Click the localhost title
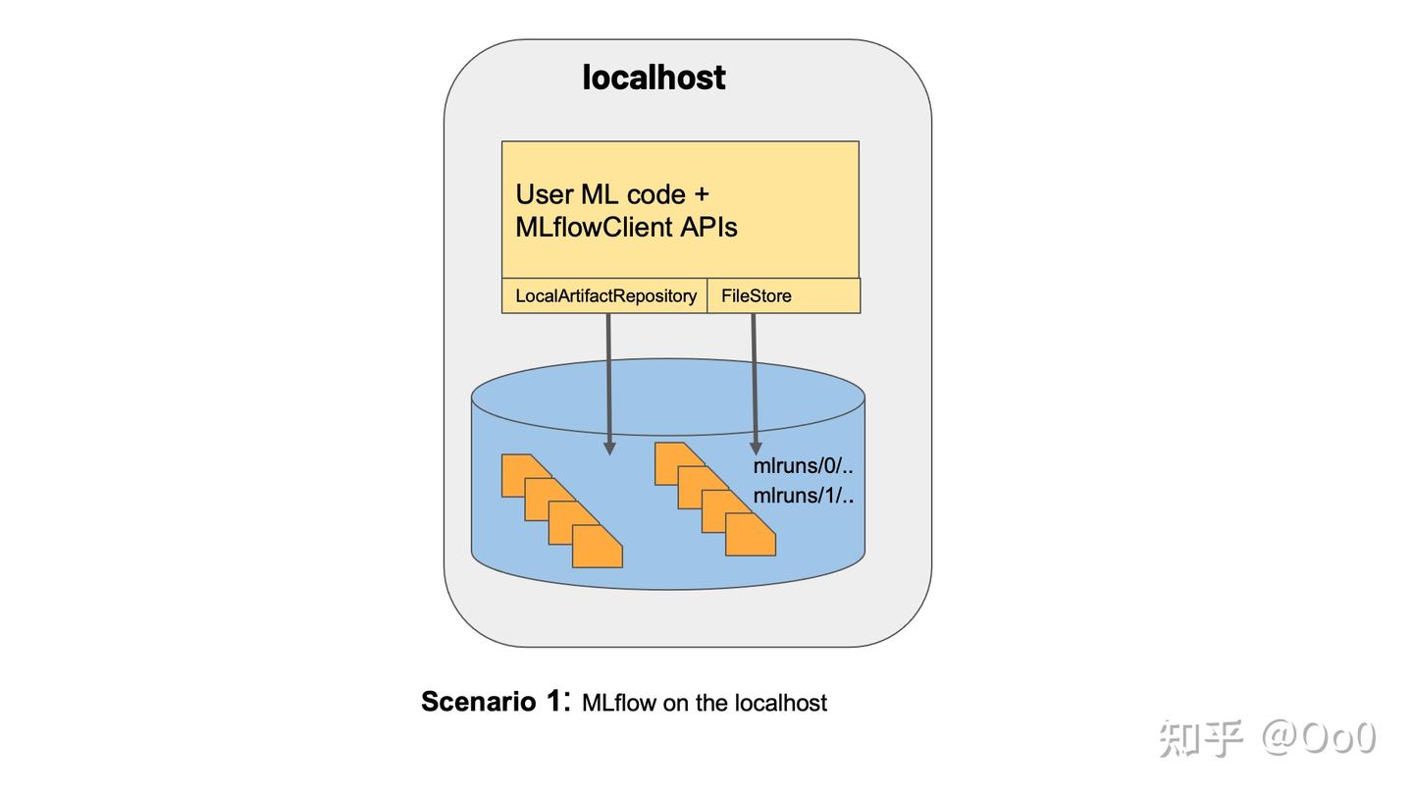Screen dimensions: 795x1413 654,78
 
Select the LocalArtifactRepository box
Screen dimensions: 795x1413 604,295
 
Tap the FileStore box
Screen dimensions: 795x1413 756,295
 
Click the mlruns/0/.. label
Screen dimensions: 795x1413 803,465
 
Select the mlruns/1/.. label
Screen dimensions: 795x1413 803,496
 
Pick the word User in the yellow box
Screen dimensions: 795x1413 545,194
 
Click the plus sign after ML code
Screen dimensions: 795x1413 701,194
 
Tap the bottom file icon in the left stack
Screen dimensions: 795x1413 597,547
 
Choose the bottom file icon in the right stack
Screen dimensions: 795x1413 750,535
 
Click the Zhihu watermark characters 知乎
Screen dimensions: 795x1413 1200,738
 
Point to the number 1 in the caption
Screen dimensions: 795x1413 553,702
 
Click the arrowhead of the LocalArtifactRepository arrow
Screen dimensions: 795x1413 609,447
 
